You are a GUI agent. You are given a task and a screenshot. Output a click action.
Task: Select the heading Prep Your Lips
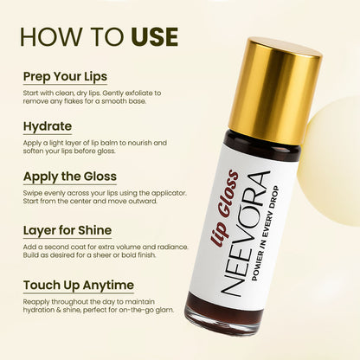pyautogui.click(x=67, y=75)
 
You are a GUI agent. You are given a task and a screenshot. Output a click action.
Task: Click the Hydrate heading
pyautogui.click(x=48, y=125)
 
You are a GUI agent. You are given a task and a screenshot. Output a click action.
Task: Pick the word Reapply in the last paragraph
pyautogui.click(x=38, y=302)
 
